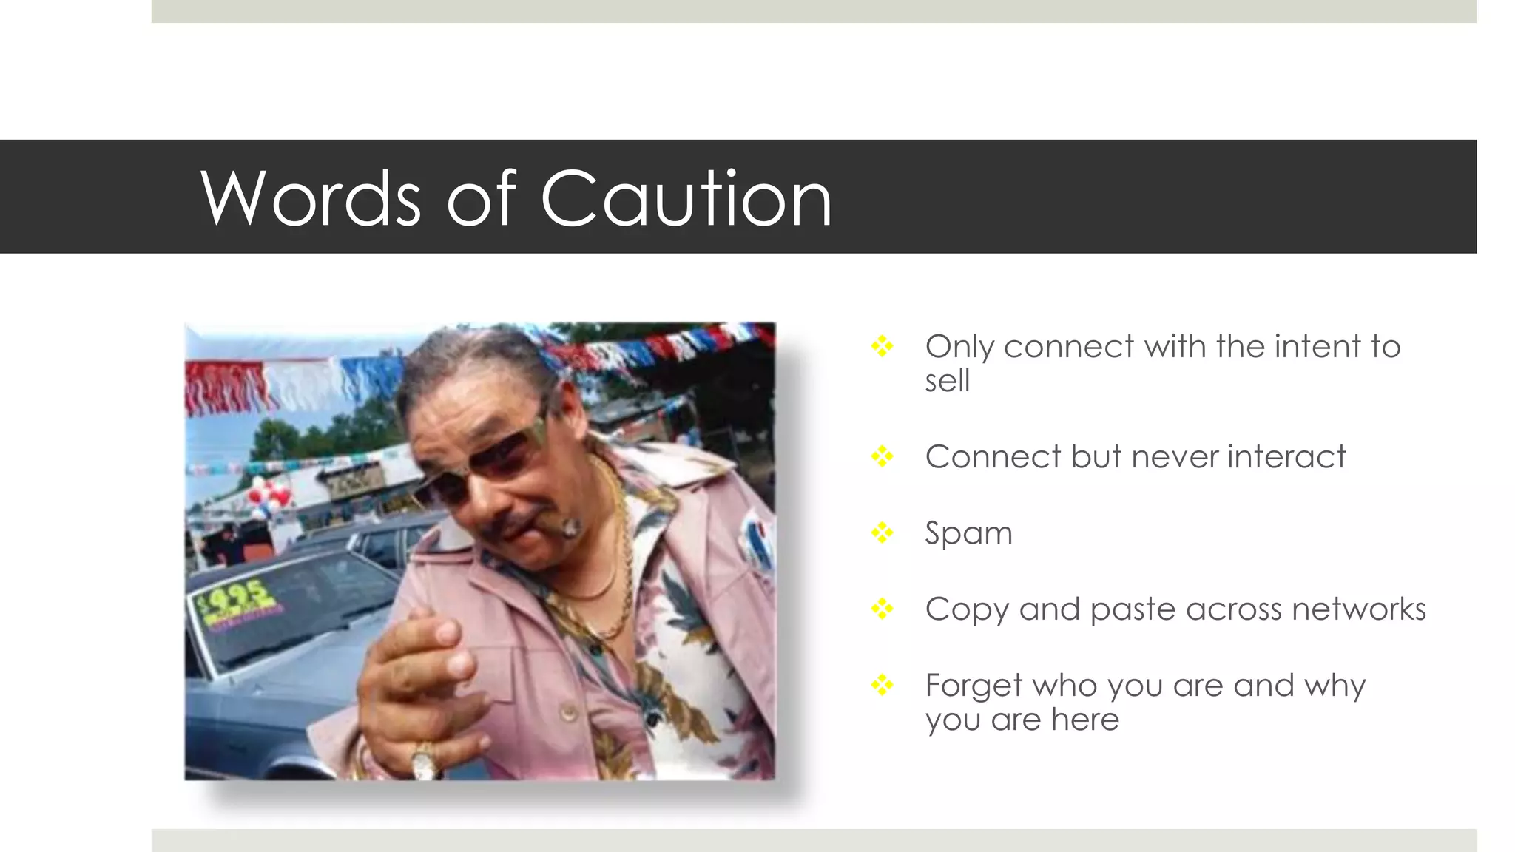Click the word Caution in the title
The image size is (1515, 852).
pos(686,198)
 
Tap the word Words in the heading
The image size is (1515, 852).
pos(311,198)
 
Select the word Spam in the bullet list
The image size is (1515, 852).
pos(968,533)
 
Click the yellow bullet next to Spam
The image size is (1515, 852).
pos(882,532)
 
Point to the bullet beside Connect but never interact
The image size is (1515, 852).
pos(882,456)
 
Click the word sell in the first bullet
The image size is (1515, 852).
pos(947,382)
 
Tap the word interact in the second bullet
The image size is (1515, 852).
pos(1286,456)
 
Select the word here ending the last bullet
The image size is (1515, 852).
pos(1085,720)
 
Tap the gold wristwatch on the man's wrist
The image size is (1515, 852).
pos(424,762)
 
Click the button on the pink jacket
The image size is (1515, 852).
pos(569,712)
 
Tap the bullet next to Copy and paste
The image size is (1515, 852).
pos(882,609)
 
